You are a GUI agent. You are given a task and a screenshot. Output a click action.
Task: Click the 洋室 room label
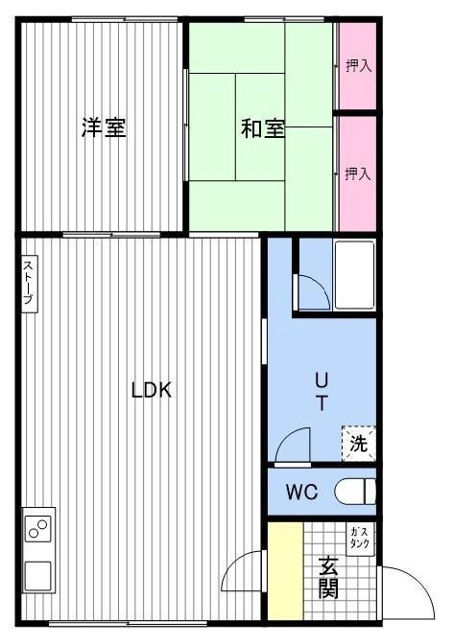pyautogui.click(x=104, y=127)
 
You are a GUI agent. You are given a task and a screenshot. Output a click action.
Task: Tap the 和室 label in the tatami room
pyautogui.click(x=263, y=128)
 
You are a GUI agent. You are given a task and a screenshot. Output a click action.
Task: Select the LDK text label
pyautogui.click(x=152, y=390)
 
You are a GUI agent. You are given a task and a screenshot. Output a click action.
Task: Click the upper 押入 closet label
pyautogui.click(x=359, y=66)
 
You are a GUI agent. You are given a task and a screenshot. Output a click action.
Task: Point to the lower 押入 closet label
pyautogui.click(x=358, y=174)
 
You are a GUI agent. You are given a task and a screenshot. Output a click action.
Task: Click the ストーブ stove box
pyautogui.click(x=29, y=284)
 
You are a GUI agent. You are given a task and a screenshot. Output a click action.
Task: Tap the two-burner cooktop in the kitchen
pyautogui.click(x=38, y=528)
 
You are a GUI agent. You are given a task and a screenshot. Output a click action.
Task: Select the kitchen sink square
pyautogui.click(x=37, y=576)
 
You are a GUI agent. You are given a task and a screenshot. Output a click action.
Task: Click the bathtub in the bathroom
pyautogui.click(x=354, y=275)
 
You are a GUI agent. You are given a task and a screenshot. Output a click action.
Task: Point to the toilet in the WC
pyautogui.click(x=355, y=492)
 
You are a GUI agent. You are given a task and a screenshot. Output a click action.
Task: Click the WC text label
pyautogui.click(x=302, y=492)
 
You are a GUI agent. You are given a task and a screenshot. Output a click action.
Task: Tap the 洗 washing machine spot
pyautogui.click(x=358, y=444)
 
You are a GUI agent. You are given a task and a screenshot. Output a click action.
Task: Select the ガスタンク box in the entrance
pyautogui.click(x=360, y=540)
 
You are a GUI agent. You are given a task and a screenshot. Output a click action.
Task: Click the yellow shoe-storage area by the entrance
pyautogui.click(x=286, y=570)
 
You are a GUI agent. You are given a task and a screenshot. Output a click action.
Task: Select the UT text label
pyautogui.click(x=322, y=391)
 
